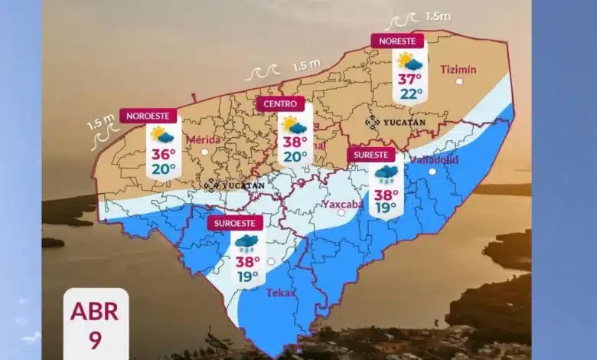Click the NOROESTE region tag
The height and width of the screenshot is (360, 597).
point(148,116)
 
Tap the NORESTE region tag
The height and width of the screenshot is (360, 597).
point(396,41)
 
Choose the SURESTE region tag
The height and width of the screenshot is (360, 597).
point(371,155)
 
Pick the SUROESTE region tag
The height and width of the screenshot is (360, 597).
point(235,223)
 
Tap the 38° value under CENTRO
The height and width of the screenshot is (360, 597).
point(294,142)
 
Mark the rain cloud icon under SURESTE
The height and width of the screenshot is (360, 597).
point(386,175)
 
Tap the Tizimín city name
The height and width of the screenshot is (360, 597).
point(458,70)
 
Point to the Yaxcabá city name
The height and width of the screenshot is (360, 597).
point(342,205)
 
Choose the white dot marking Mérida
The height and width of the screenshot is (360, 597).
point(204,152)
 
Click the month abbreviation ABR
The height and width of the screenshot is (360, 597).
point(96,312)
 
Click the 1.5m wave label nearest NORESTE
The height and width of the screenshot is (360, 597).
point(438,16)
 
